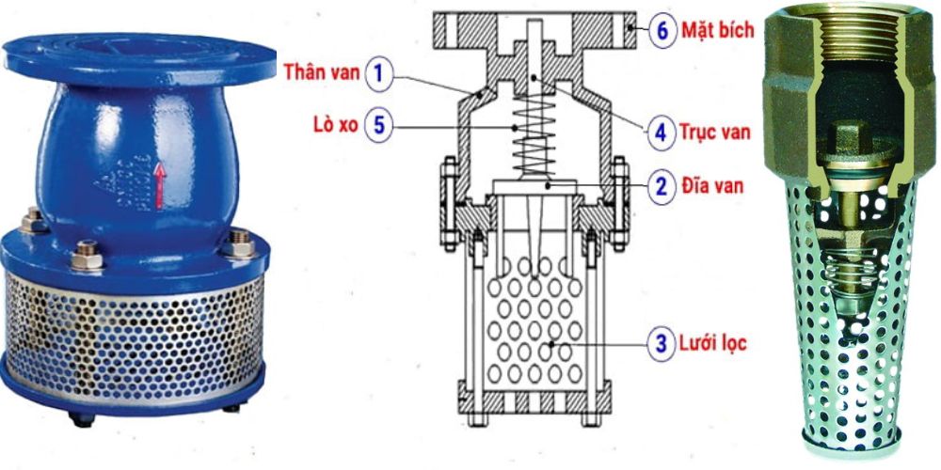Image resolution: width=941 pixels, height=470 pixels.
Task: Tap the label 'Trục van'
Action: coord(716,132)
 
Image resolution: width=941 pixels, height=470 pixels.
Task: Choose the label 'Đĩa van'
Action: coord(712,185)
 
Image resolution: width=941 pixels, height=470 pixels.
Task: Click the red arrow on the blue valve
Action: coord(159,184)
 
